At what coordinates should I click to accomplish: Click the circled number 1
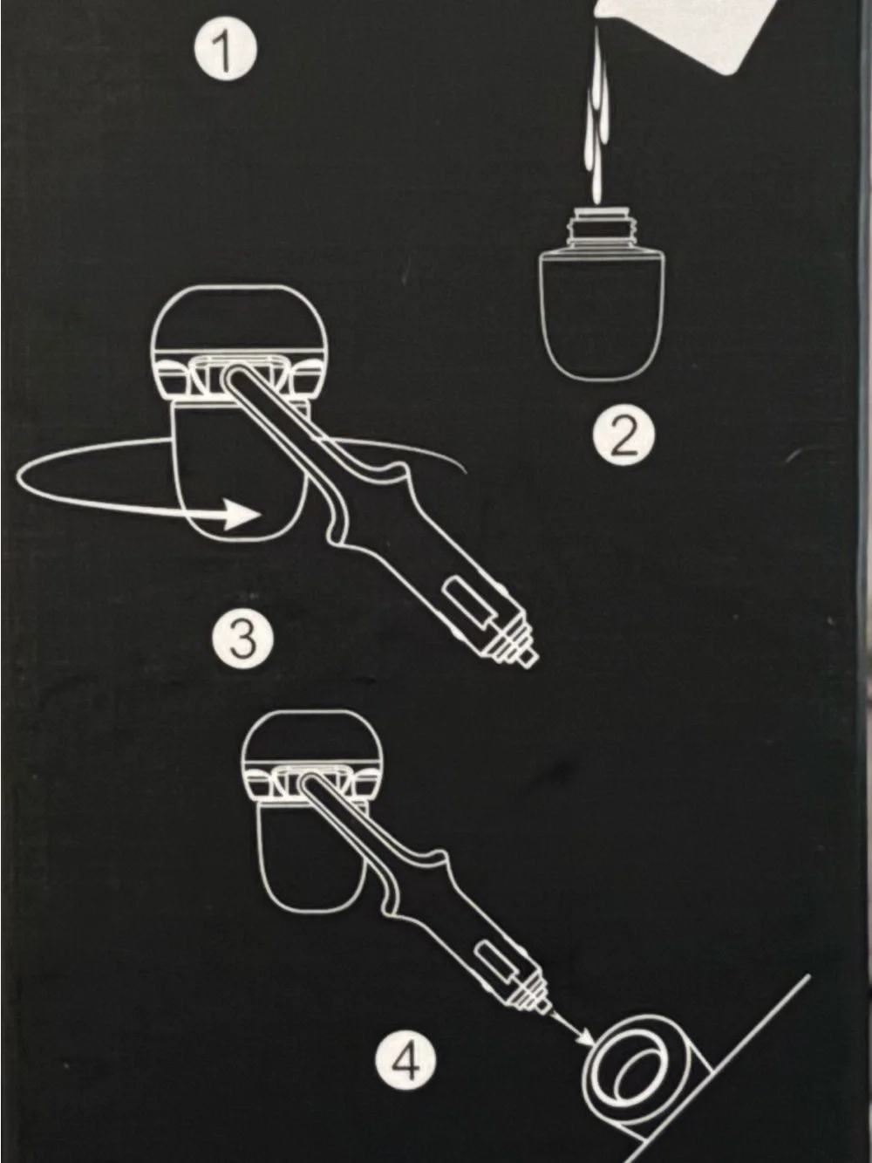tap(226, 52)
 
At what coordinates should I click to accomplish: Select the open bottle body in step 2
tap(602, 314)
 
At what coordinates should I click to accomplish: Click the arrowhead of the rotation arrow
tap(241, 513)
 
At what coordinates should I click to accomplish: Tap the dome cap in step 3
tap(237, 320)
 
